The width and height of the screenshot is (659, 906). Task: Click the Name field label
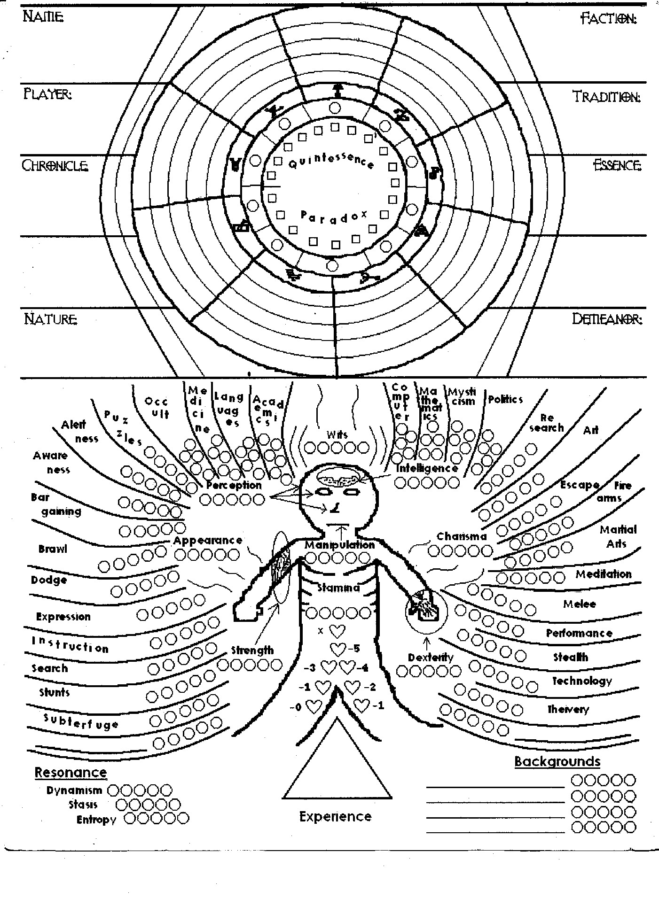click(x=43, y=17)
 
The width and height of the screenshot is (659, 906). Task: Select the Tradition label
click(x=606, y=97)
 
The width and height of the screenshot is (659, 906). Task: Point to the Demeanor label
click(x=606, y=319)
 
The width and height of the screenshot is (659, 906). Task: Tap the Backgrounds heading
click(x=557, y=761)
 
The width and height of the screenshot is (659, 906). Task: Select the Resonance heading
click(x=71, y=772)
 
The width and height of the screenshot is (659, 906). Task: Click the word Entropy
click(x=96, y=820)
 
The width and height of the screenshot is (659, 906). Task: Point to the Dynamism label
click(x=74, y=790)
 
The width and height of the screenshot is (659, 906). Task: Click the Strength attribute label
click(x=252, y=650)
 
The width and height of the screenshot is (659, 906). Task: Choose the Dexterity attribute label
click(x=431, y=658)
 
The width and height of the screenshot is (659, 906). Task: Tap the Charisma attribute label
click(x=462, y=536)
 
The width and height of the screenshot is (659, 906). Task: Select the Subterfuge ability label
click(x=81, y=721)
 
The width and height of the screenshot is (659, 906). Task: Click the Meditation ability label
click(x=604, y=574)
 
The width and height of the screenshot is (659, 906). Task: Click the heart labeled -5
click(x=338, y=649)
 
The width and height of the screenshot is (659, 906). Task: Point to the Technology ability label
click(x=582, y=681)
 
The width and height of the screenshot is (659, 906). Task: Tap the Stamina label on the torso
click(x=338, y=588)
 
